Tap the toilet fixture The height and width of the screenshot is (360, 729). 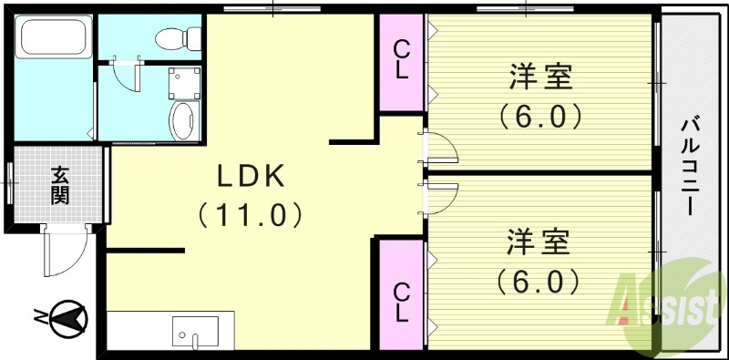click(173, 37)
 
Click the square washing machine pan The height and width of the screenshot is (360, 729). click(183, 82)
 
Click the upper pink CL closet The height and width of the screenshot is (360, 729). click(401, 61)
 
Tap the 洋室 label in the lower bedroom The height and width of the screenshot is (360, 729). click(539, 243)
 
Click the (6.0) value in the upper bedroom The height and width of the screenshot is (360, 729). click(539, 117)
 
